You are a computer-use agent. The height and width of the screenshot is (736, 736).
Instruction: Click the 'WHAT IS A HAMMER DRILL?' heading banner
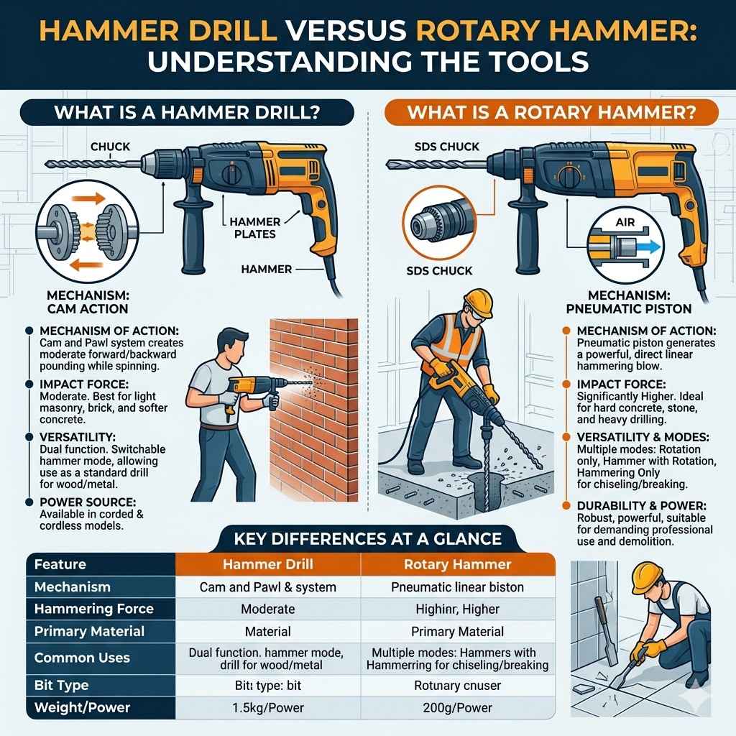(x=187, y=113)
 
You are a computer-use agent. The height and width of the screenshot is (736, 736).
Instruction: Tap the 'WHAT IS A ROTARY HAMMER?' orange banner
(x=551, y=113)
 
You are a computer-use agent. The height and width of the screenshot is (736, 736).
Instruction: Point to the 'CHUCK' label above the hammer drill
(x=110, y=147)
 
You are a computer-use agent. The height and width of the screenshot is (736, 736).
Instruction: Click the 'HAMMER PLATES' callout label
(x=255, y=228)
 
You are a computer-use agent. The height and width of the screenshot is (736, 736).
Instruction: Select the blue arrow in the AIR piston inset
(x=649, y=247)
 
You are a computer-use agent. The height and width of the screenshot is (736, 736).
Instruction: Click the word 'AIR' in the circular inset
(x=625, y=222)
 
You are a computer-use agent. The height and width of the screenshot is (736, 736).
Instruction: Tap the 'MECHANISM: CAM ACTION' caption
(x=88, y=302)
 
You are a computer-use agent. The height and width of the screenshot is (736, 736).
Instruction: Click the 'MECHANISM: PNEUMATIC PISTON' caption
(x=629, y=302)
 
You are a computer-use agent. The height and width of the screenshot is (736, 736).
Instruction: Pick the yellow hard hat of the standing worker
(x=478, y=303)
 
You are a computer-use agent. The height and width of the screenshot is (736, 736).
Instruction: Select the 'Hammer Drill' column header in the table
(x=267, y=564)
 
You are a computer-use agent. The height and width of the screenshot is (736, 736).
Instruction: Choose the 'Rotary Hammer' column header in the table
(x=458, y=564)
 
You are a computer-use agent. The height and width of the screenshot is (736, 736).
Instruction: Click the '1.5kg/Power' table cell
(x=268, y=707)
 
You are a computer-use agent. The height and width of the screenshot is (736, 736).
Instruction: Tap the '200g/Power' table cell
(x=458, y=707)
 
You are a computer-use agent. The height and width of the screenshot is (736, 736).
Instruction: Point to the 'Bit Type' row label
(x=62, y=685)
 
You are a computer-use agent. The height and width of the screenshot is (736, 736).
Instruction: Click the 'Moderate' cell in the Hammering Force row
(x=268, y=609)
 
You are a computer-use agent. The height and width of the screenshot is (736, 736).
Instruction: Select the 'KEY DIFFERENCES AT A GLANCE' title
(x=367, y=538)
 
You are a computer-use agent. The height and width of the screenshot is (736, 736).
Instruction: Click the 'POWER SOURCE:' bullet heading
(x=88, y=502)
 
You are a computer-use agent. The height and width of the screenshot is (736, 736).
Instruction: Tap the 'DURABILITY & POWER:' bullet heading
(x=642, y=506)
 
